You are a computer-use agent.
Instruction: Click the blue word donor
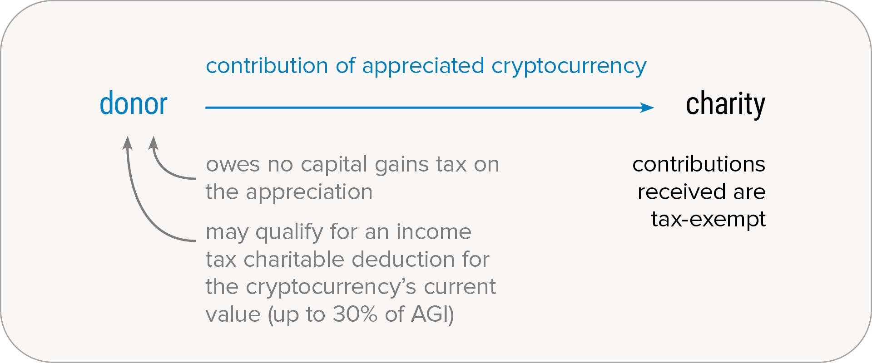(x=134, y=103)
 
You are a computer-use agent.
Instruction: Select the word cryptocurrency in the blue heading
(x=569, y=67)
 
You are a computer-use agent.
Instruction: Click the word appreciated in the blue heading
(x=423, y=66)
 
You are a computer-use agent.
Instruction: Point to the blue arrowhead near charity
(x=647, y=108)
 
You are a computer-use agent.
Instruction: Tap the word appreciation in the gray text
(x=309, y=192)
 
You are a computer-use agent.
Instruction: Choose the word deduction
(x=403, y=260)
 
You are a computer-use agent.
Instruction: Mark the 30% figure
(x=355, y=314)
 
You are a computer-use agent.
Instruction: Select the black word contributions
(x=699, y=164)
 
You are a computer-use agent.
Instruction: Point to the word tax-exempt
(x=708, y=220)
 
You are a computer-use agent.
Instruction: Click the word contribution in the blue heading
(x=267, y=66)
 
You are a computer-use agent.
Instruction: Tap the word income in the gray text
(x=434, y=232)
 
